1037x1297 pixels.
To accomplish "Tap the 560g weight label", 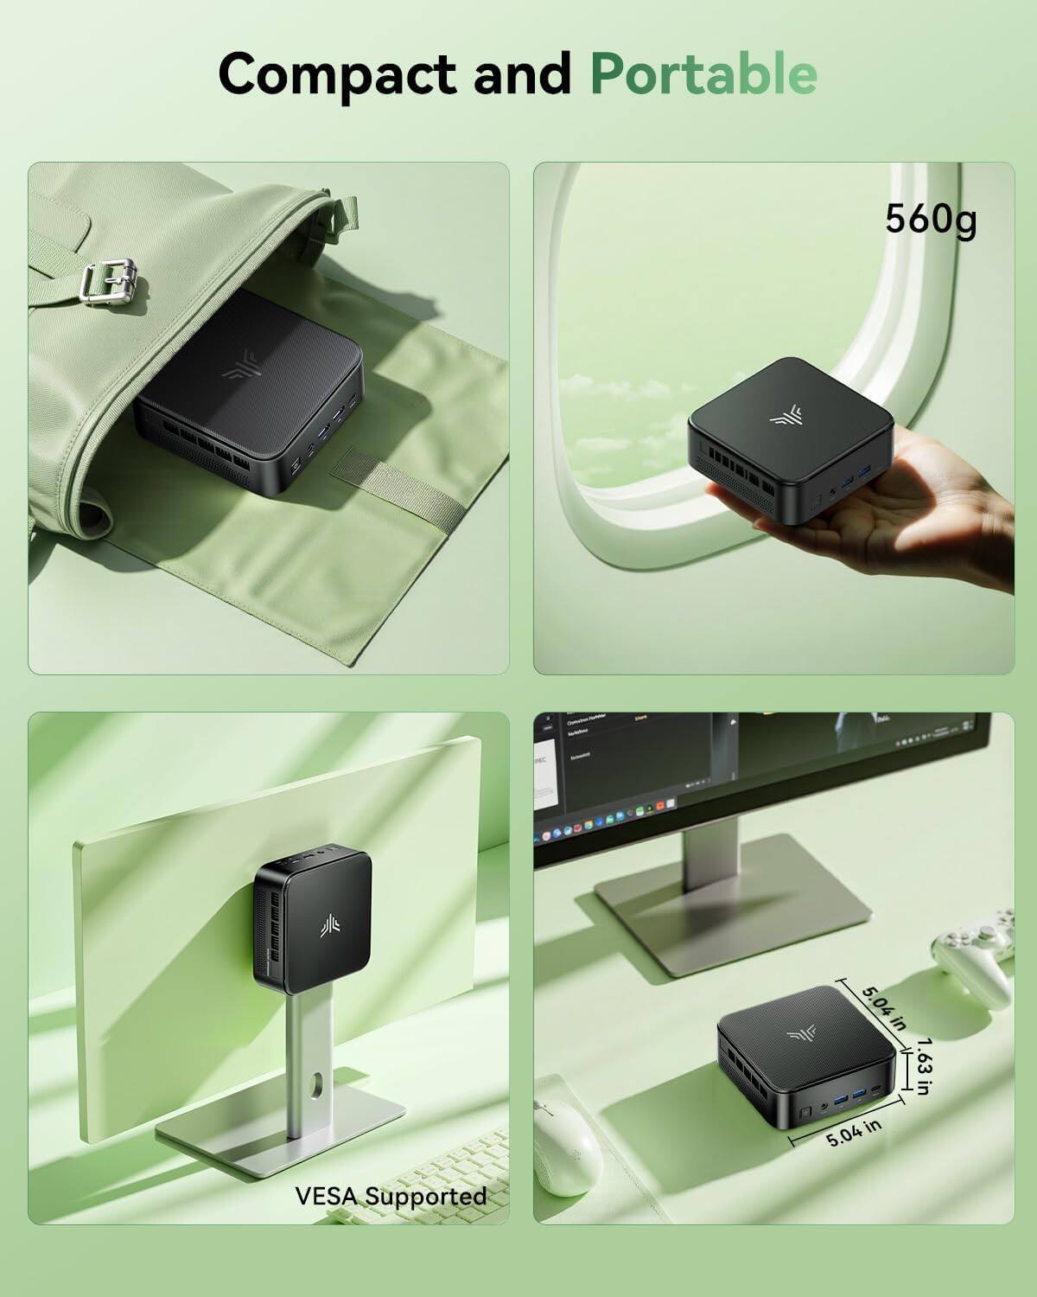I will [930, 220].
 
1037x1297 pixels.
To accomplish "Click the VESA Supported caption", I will [391, 1196].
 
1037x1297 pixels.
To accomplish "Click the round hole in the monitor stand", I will [318, 1083].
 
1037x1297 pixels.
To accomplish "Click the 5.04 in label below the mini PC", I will [853, 1132].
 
